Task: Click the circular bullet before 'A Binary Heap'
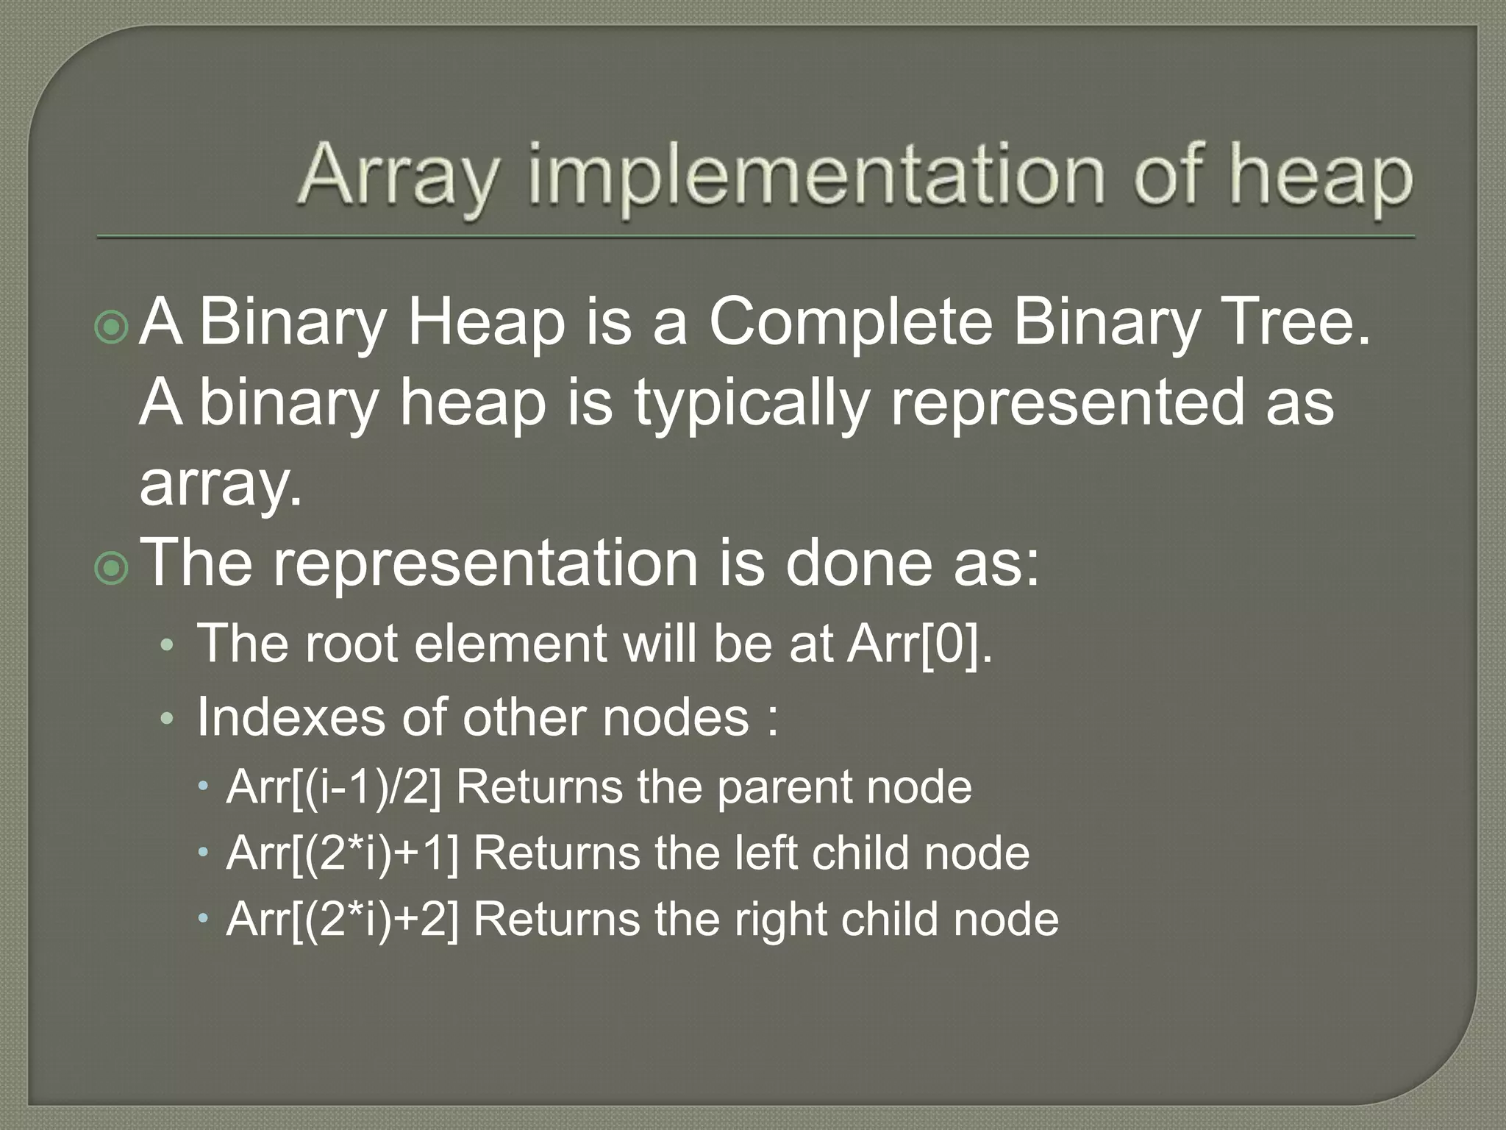coord(112,327)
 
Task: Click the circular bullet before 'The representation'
coord(112,568)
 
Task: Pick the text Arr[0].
coord(919,644)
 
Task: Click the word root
coord(350,644)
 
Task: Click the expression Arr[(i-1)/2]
coord(335,787)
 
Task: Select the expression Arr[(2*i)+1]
coord(343,853)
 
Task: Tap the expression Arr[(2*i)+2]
coord(343,920)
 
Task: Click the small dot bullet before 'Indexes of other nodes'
coord(168,719)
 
